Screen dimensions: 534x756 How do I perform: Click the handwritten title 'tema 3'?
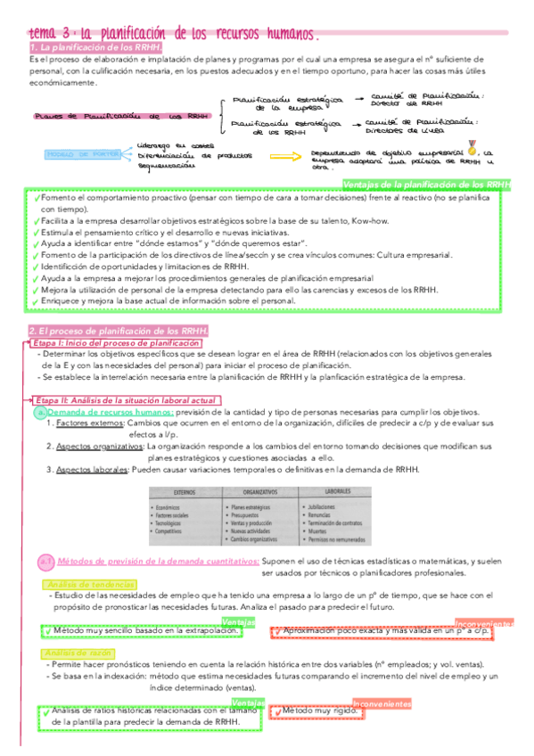52,33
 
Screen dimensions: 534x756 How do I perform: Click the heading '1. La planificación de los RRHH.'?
95,47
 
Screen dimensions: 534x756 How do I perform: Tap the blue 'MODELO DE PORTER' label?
83,154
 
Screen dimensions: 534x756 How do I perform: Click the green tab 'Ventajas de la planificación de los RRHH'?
426,185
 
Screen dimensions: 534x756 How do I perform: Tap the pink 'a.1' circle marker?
47,562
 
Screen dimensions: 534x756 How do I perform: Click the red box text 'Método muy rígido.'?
315,711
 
